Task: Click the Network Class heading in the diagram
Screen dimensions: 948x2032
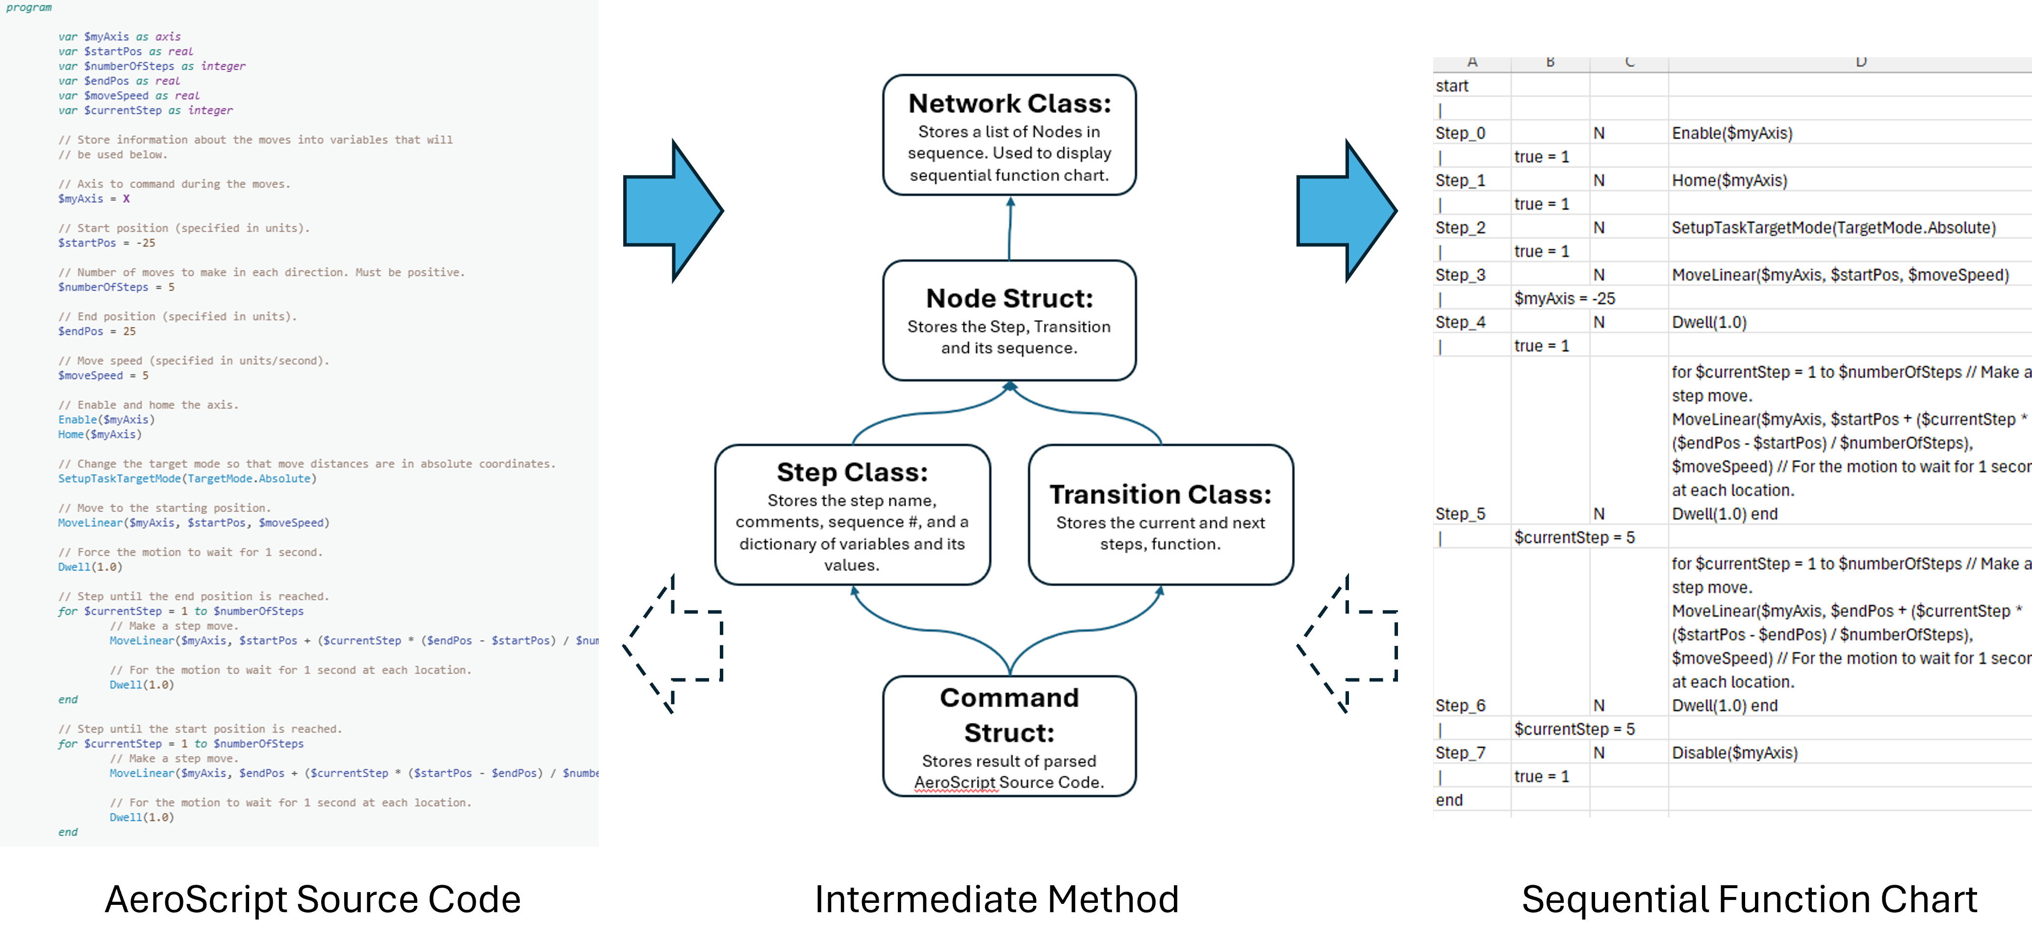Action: (1009, 103)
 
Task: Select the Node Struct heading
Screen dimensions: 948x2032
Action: (1009, 298)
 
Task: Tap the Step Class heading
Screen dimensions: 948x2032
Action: (852, 472)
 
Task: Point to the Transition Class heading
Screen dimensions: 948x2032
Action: (1160, 494)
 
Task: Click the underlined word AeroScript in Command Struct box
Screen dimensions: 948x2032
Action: (955, 782)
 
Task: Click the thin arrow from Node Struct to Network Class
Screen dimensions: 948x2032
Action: (1010, 228)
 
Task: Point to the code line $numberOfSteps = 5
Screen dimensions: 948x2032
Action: (116, 287)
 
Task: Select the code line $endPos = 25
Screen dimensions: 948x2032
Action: (96, 331)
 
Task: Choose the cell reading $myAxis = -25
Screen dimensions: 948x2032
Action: (1564, 299)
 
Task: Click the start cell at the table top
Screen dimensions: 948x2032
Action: (1451, 86)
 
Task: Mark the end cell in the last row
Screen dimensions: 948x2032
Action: (1449, 800)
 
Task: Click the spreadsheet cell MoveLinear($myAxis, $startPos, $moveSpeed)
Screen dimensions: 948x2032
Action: (1839, 275)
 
